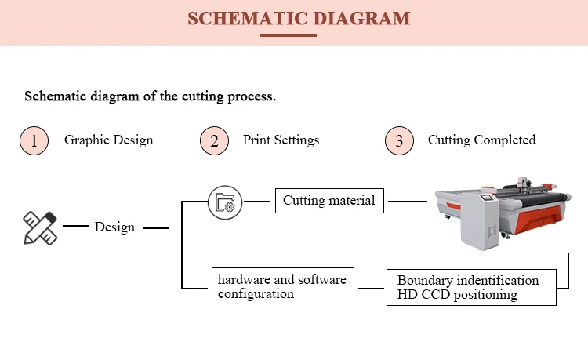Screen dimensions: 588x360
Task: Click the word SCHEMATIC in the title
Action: (248, 18)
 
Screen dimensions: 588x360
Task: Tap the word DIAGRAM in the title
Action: (362, 18)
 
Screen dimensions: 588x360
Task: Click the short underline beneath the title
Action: (289, 35)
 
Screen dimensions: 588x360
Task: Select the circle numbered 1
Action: (34, 140)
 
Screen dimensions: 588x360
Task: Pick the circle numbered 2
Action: (214, 140)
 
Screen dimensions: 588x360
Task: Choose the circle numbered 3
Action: (399, 140)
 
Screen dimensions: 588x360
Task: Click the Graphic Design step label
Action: (109, 140)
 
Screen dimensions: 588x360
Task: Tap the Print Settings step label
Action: (281, 140)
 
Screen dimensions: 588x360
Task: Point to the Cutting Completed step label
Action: (482, 140)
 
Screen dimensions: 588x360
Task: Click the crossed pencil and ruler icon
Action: (40, 228)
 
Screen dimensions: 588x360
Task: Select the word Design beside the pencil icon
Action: (114, 227)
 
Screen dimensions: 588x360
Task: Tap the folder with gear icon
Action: (225, 202)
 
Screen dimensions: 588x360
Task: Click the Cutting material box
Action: (329, 201)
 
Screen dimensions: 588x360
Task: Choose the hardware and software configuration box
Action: (283, 285)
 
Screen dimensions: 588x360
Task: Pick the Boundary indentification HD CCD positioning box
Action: (471, 287)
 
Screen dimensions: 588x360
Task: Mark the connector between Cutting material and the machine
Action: (408, 202)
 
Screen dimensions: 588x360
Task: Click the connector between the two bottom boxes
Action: (371, 289)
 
